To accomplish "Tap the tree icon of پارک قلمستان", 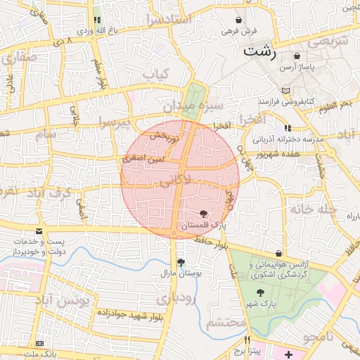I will tap(204, 214).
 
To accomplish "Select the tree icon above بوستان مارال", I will tap(181, 262).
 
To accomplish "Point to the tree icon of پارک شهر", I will tap(260, 291).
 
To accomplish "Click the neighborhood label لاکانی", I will tap(174, 181).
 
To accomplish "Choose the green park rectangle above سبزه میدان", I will tap(193, 94).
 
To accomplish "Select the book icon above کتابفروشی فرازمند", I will tap(285, 91).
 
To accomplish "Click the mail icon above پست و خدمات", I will tap(39, 231).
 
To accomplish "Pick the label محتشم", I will tap(226, 323).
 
